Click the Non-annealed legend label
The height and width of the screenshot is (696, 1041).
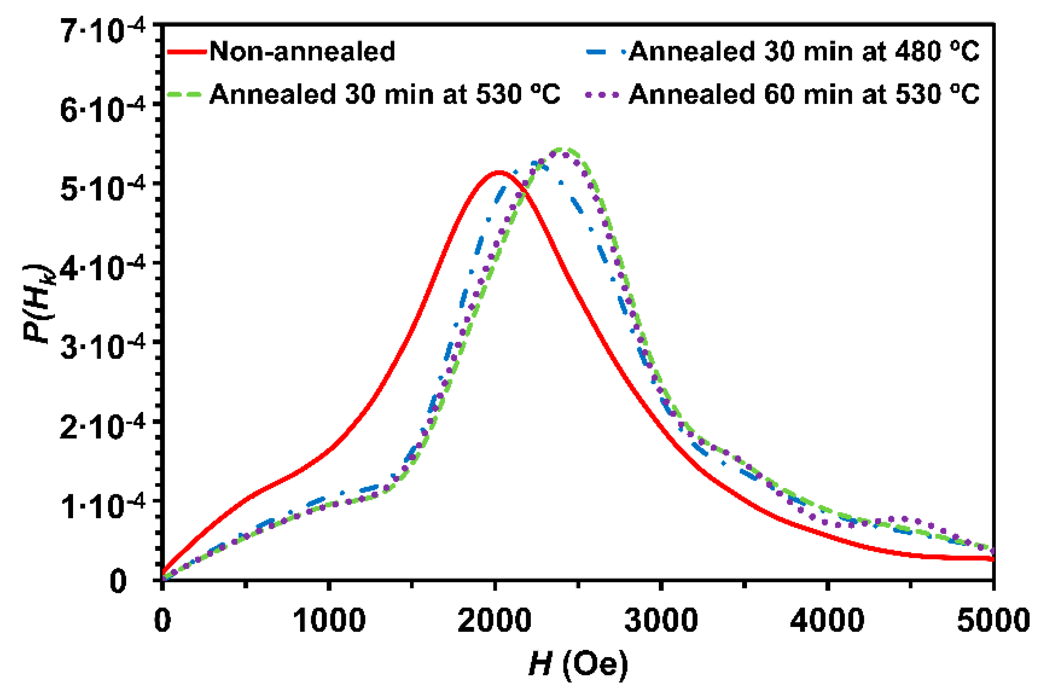click(x=302, y=51)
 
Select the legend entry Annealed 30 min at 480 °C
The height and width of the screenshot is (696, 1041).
click(x=804, y=51)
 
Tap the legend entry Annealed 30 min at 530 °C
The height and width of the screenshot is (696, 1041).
click(x=385, y=94)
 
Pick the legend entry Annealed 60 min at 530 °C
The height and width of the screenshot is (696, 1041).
click(x=804, y=94)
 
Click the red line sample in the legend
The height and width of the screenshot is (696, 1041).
click(x=186, y=52)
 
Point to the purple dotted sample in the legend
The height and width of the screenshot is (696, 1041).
click(x=602, y=95)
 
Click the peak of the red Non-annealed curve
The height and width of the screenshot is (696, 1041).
click(x=499, y=172)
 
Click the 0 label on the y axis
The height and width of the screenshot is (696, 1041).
click(x=118, y=582)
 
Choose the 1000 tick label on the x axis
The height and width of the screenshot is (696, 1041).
click(x=329, y=620)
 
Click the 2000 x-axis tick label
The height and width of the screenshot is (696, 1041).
click(x=495, y=620)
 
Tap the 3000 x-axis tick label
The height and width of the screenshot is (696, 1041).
click(x=661, y=620)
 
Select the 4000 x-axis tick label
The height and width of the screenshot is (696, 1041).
click(x=828, y=620)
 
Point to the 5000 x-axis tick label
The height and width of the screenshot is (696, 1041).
click(x=993, y=620)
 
